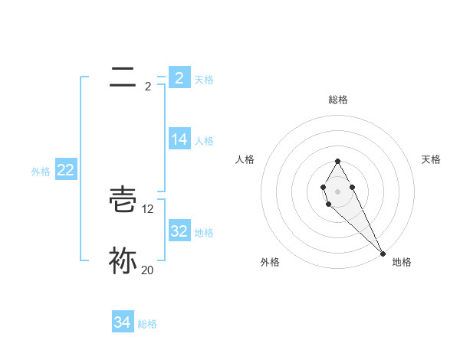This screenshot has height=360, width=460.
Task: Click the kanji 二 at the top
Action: click(123, 76)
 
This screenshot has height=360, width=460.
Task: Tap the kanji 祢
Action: click(123, 260)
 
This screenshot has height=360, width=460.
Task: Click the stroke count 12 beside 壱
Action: click(148, 208)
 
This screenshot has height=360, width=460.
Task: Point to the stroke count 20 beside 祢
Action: click(147, 270)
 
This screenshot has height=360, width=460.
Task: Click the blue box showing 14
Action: click(179, 139)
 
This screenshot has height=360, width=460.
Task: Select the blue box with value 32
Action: click(179, 231)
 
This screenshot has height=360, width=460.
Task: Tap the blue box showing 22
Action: click(66, 170)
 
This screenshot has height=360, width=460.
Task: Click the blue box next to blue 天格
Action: click(179, 78)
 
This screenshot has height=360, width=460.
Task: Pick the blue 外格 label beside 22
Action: click(41, 172)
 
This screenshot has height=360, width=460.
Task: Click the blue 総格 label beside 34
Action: click(147, 324)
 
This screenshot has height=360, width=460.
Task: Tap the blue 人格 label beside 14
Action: click(204, 141)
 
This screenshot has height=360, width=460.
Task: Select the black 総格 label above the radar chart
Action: click(338, 100)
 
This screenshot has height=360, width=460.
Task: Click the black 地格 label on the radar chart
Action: click(402, 262)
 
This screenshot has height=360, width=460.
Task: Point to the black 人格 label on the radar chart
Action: click(245, 159)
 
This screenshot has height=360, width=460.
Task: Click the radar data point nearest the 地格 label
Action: click(383, 254)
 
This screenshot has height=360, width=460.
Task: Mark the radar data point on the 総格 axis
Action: click(338, 162)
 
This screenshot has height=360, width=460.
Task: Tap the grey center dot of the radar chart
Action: click(338, 191)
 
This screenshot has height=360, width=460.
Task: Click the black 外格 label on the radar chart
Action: click(270, 262)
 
